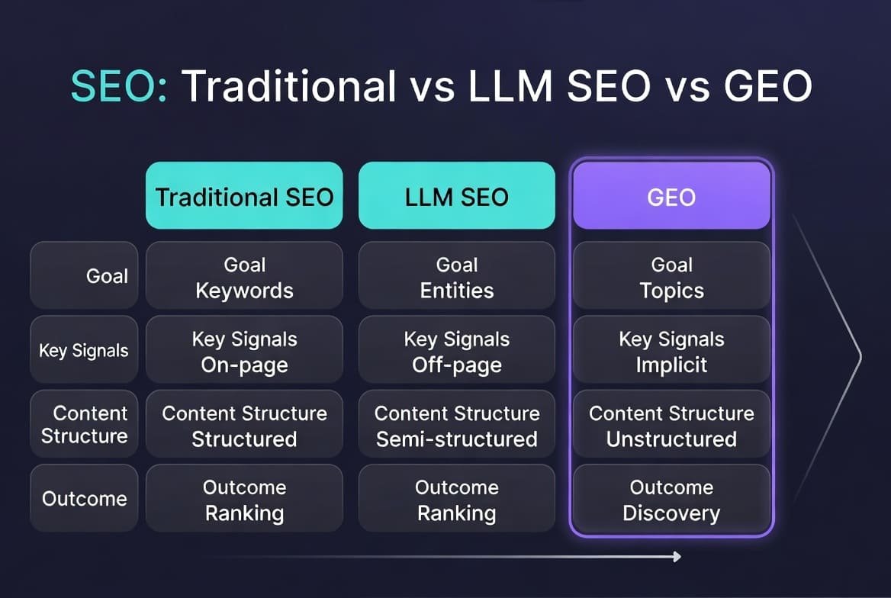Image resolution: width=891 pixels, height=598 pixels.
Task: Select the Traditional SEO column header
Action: point(244,196)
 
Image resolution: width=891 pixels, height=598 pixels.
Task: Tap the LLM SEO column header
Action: point(456,196)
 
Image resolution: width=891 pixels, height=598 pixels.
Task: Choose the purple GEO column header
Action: point(671,196)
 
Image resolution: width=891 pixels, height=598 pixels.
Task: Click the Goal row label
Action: point(84,275)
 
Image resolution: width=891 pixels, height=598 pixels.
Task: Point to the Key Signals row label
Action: point(84,350)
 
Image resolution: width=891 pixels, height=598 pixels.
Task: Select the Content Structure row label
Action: point(84,425)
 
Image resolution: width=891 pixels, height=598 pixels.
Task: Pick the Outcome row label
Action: point(84,499)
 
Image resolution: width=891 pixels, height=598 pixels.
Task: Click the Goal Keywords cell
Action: point(244,277)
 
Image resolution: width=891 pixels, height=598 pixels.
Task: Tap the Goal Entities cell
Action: point(456,277)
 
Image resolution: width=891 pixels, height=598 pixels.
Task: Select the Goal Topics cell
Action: point(671,277)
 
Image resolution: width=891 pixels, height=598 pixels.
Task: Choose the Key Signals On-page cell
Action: point(244,351)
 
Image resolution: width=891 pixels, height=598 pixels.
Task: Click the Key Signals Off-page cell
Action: point(456,351)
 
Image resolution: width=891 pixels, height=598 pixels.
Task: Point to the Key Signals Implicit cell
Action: point(671,351)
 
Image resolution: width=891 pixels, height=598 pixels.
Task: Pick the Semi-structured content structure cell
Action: point(456,426)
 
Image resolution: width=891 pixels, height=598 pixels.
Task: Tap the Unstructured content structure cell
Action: point(671,426)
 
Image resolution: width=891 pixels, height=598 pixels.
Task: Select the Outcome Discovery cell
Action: point(671,500)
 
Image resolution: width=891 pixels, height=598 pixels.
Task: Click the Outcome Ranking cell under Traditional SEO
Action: point(244,500)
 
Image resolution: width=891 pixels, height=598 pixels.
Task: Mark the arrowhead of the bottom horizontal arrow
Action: point(676,557)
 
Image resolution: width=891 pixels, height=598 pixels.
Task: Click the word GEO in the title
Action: point(767,85)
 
